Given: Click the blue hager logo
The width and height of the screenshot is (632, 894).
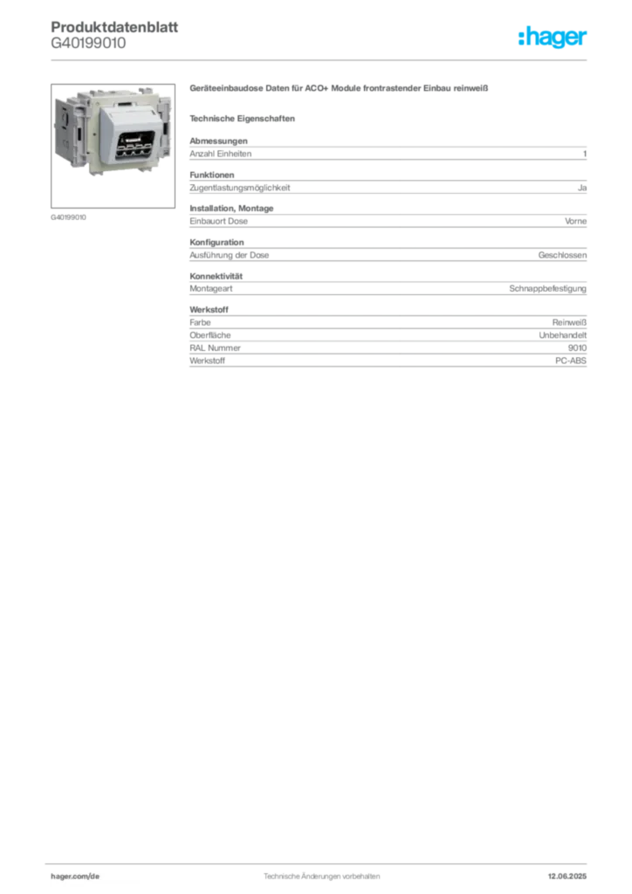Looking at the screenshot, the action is coord(553,38).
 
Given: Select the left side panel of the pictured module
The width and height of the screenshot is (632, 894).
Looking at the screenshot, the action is coord(67,131).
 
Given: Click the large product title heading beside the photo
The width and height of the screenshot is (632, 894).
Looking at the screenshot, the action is coord(341,88).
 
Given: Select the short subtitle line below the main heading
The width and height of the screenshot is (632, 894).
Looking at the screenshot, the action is coord(245,119).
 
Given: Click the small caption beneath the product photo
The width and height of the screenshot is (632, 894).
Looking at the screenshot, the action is coord(69,217).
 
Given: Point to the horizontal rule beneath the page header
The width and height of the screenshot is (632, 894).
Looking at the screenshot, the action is coord(320,59).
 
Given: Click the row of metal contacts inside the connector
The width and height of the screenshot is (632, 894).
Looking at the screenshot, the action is coord(130,147).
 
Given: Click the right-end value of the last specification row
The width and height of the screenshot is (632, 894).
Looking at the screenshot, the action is coord(574,359).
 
